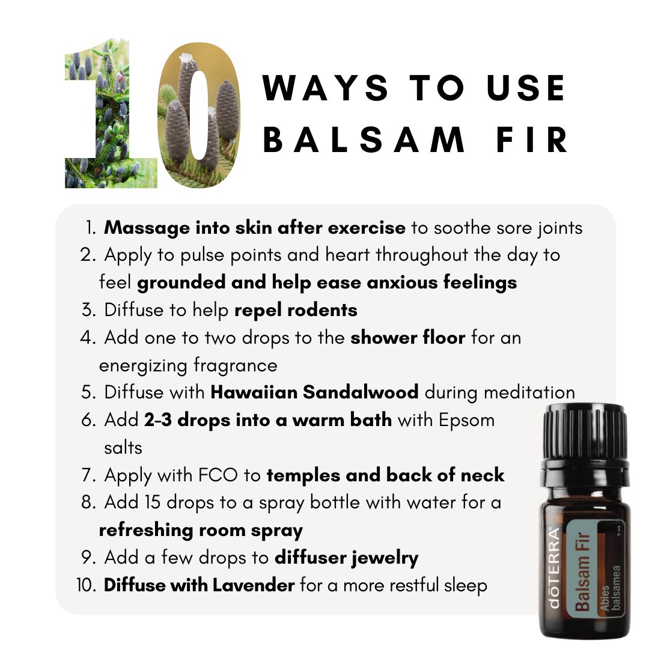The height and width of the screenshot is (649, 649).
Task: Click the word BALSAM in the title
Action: pyautogui.click(x=364, y=140)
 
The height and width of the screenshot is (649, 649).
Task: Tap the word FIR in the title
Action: pyautogui.click(x=532, y=140)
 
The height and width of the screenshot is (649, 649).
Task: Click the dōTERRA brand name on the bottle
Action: pyautogui.click(x=553, y=567)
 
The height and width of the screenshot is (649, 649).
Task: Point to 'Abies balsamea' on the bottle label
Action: pyautogui.click(x=611, y=588)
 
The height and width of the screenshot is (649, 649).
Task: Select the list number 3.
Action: pyautogui.click(x=88, y=310)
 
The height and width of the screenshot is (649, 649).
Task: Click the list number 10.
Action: pyautogui.click(x=86, y=585)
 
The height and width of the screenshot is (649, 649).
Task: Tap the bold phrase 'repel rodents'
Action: pyautogui.click(x=296, y=311)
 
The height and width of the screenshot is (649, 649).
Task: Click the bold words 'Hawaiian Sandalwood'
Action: pyautogui.click(x=314, y=392)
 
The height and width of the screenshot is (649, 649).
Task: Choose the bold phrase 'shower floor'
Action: pyautogui.click(x=407, y=337)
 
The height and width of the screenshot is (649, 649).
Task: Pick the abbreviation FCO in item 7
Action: pyautogui.click(x=218, y=475)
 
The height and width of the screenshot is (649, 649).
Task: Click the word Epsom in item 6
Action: pyautogui.click(x=466, y=421)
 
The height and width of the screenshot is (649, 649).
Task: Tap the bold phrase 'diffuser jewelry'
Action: pyautogui.click(x=347, y=558)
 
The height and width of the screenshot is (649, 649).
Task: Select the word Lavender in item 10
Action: pyautogui.click(x=254, y=585)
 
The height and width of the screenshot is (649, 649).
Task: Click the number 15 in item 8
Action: pyautogui.click(x=152, y=502)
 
